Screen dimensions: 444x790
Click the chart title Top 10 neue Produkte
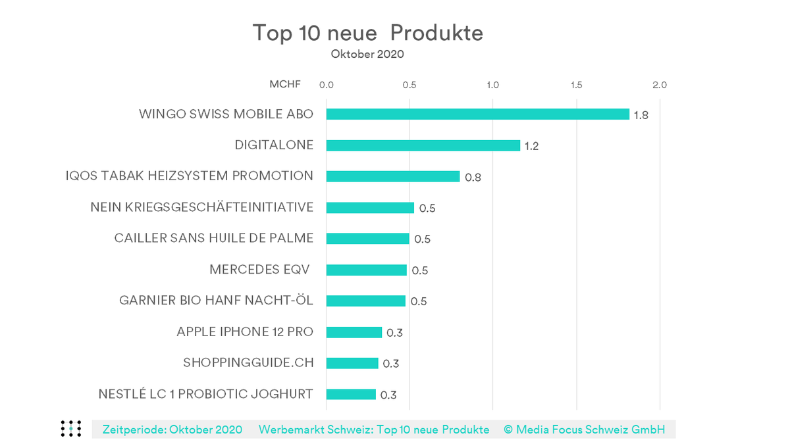click(367, 33)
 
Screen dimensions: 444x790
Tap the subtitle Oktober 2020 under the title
click(367, 55)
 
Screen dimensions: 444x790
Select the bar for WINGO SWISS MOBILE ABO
click(477, 114)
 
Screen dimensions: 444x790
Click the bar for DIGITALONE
click(423, 145)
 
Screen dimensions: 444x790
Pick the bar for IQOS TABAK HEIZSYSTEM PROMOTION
click(392, 176)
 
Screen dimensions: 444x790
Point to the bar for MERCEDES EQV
click(366, 270)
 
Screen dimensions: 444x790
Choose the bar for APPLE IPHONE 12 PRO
click(354, 332)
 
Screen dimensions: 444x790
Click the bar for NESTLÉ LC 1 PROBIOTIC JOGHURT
click(351, 395)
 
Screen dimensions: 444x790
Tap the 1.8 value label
click(641, 115)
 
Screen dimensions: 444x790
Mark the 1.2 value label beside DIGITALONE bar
click(531, 146)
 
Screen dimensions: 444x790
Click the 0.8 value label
click(473, 178)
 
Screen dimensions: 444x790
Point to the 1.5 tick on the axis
click(576, 85)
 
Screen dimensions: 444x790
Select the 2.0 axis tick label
click(659, 85)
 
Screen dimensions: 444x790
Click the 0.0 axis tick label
click(326, 85)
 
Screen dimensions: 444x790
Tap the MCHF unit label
click(284, 85)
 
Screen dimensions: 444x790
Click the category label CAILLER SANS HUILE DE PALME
click(213, 238)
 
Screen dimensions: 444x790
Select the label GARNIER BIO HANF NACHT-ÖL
click(216, 301)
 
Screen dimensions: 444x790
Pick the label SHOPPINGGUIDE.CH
click(248, 363)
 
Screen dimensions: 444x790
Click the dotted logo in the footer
click(70, 428)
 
